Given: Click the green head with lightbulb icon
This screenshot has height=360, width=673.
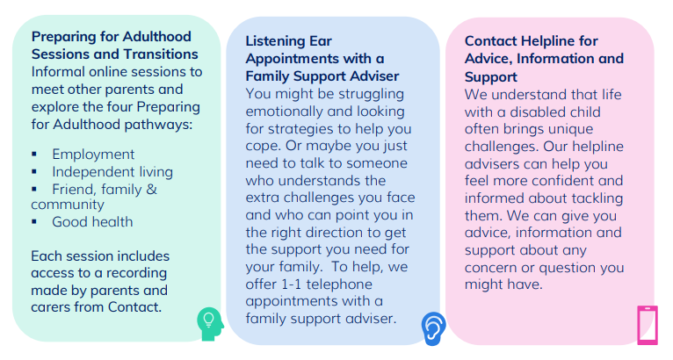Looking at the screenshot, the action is coord(210,324).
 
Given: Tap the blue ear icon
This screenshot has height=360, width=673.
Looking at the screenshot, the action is coord(433,328).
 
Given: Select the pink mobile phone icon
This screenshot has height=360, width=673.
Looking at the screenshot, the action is coord(648,325).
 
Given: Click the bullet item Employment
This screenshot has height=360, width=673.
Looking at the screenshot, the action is coord(93,155).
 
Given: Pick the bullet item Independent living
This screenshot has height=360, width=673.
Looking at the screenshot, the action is coord(112,172).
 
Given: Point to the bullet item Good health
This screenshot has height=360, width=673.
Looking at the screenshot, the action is coord(92,222).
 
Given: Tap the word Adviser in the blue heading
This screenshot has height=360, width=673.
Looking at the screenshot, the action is coord(374,76).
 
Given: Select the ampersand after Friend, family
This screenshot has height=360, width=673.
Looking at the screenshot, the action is coord(151,190).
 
